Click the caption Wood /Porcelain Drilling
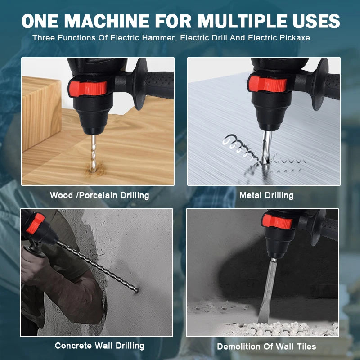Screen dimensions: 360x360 point(99,195)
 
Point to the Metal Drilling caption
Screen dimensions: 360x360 point(266,195)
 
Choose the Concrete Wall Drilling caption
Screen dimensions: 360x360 point(99,346)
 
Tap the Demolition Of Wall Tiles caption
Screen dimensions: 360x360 point(266,346)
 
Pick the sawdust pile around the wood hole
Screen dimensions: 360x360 point(95,170)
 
